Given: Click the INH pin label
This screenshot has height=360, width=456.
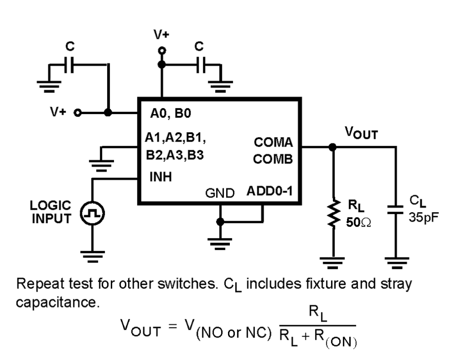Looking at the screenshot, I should (x=160, y=177).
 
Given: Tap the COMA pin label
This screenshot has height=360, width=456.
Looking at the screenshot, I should (x=273, y=142).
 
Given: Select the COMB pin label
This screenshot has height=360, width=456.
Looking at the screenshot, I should (x=273, y=159).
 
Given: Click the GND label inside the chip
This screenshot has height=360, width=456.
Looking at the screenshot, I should (x=220, y=193).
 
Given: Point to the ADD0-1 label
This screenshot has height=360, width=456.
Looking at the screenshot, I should (x=269, y=191).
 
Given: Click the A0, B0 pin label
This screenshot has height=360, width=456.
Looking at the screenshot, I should (x=170, y=114).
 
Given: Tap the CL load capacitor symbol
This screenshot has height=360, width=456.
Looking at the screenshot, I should (x=395, y=210).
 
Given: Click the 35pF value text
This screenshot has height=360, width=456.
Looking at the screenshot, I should (x=423, y=217).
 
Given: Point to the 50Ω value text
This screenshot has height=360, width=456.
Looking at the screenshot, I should (x=358, y=222).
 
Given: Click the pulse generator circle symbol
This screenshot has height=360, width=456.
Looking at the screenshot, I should (x=92, y=213).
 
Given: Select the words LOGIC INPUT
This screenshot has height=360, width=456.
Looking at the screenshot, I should (x=51, y=212).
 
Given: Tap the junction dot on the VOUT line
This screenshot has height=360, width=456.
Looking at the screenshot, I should (x=332, y=147).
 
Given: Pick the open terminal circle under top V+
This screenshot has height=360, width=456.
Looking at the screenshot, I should (x=162, y=50).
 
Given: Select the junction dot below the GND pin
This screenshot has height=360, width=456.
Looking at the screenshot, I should (x=220, y=221).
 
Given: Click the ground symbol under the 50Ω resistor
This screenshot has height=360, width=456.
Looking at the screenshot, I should (x=332, y=262).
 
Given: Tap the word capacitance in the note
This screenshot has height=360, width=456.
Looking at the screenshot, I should (x=57, y=302).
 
